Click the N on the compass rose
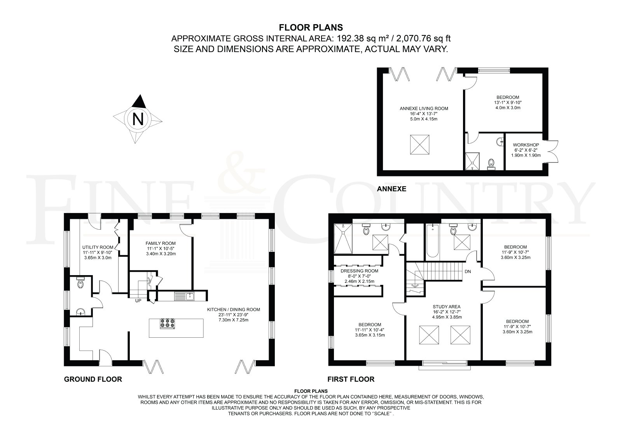pyautogui.click(x=138, y=119)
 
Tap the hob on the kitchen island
pyautogui.click(x=168, y=323)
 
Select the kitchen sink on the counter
pyautogui.click(x=184, y=296)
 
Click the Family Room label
pyautogui.click(x=161, y=243)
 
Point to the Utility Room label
pyautogui.click(x=98, y=248)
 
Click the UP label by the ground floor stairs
pyautogui.click(x=138, y=301)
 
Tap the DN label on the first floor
pyautogui.click(x=468, y=272)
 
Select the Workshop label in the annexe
pyautogui.click(x=526, y=145)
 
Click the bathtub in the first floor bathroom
pyautogui.click(x=432, y=241)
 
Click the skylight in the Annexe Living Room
pyautogui.click(x=419, y=145)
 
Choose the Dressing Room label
pyautogui.click(x=359, y=271)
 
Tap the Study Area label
pyautogui.click(x=447, y=307)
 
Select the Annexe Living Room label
pyautogui.click(x=424, y=108)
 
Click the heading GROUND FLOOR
pyautogui.click(x=93, y=379)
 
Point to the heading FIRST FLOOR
pyautogui.click(x=351, y=379)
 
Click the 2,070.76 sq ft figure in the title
pyautogui.click(x=423, y=38)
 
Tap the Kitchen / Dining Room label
pyautogui.click(x=234, y=310)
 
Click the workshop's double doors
pyautogui.click(x=552, y=152)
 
